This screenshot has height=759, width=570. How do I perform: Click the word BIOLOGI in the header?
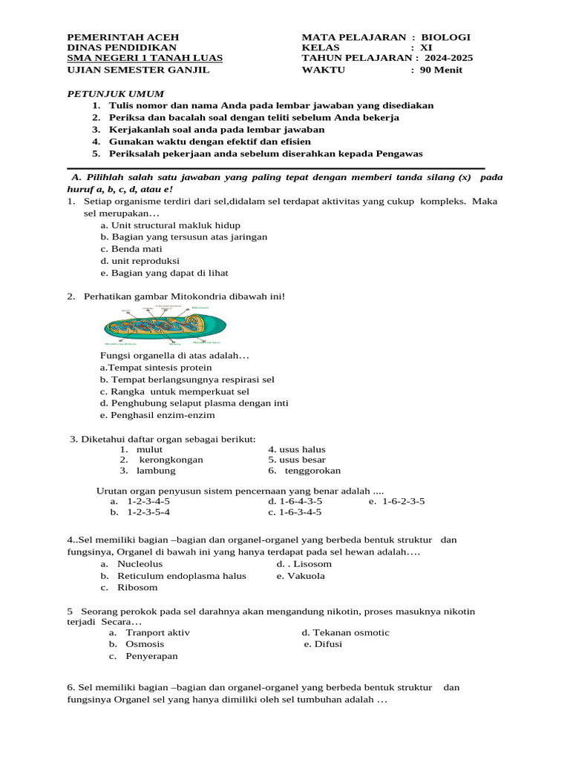tap(445, 37)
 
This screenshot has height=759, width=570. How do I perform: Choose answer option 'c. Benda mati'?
tap(131, 249)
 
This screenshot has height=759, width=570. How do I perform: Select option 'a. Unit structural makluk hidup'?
tap(170, 225)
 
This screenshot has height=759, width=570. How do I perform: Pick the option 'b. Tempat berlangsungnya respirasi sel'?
tap(187, 379)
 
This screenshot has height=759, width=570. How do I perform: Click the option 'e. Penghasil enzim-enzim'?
tap(157, 415)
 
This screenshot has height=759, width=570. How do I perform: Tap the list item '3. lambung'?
tap(148, 471)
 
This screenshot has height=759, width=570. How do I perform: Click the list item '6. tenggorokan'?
tap(304, 471)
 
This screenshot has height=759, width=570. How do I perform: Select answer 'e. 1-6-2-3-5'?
tap(396, 501)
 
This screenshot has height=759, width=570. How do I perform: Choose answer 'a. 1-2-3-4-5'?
tap(140, 501)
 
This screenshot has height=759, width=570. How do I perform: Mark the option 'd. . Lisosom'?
tap(304, 564)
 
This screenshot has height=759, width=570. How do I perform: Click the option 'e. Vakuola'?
tap(301, 576)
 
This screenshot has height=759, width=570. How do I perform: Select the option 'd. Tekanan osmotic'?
tap(345, 632)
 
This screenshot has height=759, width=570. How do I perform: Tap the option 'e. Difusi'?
tap(323, 644)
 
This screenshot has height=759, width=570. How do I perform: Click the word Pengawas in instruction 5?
tap(396, 153)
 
